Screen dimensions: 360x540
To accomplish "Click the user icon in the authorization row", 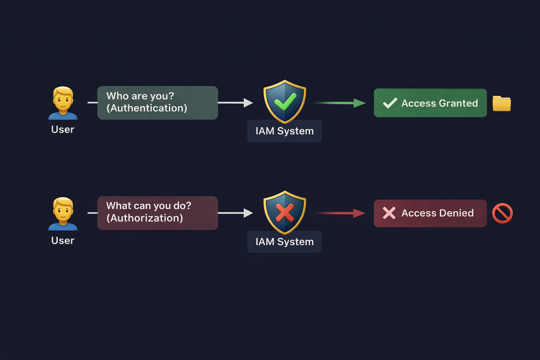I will coord(63,213).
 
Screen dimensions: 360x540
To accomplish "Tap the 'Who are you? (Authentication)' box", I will coord(157,103).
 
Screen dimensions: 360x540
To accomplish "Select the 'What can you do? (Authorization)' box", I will coord(157,213).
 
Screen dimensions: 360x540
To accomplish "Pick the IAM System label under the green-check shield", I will coord(284,131).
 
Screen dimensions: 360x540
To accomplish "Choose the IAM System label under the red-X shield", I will coord(284,242).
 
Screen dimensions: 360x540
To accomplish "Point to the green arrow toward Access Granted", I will coord(339,103).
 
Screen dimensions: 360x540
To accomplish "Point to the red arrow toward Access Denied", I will coord(339,213).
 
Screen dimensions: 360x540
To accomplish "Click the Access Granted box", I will coord(430,103).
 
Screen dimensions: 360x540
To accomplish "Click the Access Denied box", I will coord(430,213).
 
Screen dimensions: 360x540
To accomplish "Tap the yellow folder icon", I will coord(502,103).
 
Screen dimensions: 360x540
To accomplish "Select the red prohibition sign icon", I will coord(502,213).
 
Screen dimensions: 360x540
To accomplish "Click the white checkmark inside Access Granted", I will coord(390,103).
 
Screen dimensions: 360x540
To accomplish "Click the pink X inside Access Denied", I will coord(389,213).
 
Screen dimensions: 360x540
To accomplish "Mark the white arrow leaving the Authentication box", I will coord(236,103).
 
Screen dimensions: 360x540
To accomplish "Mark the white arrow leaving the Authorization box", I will coord(236,213).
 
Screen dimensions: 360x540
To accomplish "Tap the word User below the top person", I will coord(63,130).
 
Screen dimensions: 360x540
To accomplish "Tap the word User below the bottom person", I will coord(63,241).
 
